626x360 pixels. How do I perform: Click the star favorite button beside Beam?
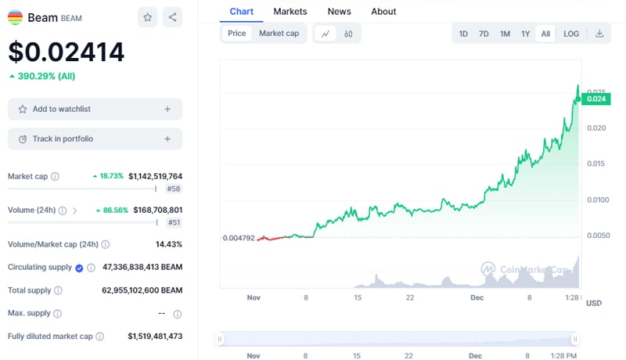tap(147, 17)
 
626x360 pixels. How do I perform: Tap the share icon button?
tap(172, 17)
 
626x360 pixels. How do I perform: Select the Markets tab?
tap(290, 12)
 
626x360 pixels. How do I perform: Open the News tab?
tap(339, 12)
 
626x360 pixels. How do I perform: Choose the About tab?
tap(383, 12)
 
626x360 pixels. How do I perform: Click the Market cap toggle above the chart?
tap(279, 34)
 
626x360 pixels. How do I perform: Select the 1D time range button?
tap(463, 34)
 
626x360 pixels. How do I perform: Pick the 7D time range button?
tap(484, 34)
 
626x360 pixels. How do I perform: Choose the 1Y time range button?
tap(526, 34)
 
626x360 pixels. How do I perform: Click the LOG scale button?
tap(571, 34)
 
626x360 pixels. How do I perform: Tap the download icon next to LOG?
tap(599, 34)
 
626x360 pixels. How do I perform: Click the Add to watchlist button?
tap(95, 110)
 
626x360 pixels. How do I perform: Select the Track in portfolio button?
tap(95, 139)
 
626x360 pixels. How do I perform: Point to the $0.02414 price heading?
tap(67, 52)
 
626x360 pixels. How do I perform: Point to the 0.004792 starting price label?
tap(239, 237)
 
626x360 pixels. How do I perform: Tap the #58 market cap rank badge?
tap(173, 189)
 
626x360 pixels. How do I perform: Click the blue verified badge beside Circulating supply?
tap(79, 268)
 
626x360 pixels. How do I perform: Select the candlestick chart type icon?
tap(348, 34)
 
